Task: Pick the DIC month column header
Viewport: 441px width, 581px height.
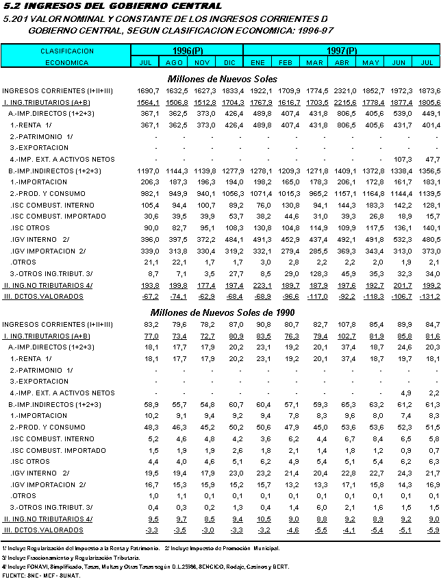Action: (230, 62)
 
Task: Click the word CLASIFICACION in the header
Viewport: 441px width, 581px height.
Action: (67, 51)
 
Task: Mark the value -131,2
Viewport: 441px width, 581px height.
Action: (427, 296)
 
